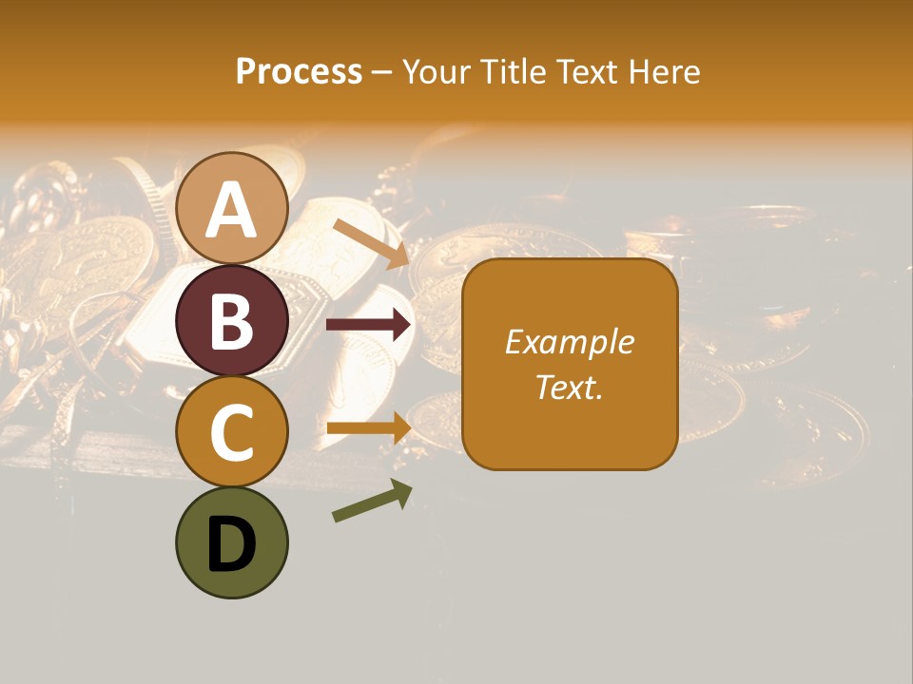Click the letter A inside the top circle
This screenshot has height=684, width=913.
231,210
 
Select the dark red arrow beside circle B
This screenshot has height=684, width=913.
369,325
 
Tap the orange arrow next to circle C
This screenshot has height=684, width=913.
369,427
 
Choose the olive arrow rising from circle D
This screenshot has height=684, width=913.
372,501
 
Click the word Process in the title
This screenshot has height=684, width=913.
299,72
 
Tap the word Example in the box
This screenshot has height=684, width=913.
570,342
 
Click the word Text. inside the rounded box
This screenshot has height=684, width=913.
570,388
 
